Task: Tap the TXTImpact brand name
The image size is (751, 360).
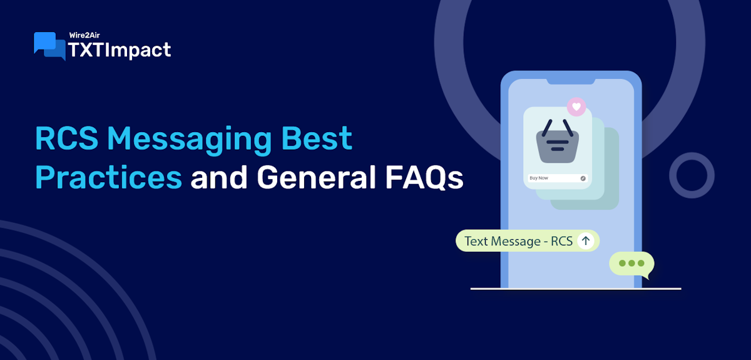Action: [119, 49]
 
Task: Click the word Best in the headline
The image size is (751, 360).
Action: [325, 139]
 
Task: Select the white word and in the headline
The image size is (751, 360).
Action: [219, 178]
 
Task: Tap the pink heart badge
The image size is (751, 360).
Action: [576, 106]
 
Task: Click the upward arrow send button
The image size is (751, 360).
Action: [585, 240]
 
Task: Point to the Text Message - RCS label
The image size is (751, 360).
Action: [519, 241]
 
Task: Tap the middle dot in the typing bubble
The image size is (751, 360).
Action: [631, 264]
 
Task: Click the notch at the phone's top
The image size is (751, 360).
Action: [571, 80]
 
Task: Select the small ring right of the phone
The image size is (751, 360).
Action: [692, 175]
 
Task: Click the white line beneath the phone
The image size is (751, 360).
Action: [575, 289]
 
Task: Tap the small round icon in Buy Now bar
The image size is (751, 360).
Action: [583, 178]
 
